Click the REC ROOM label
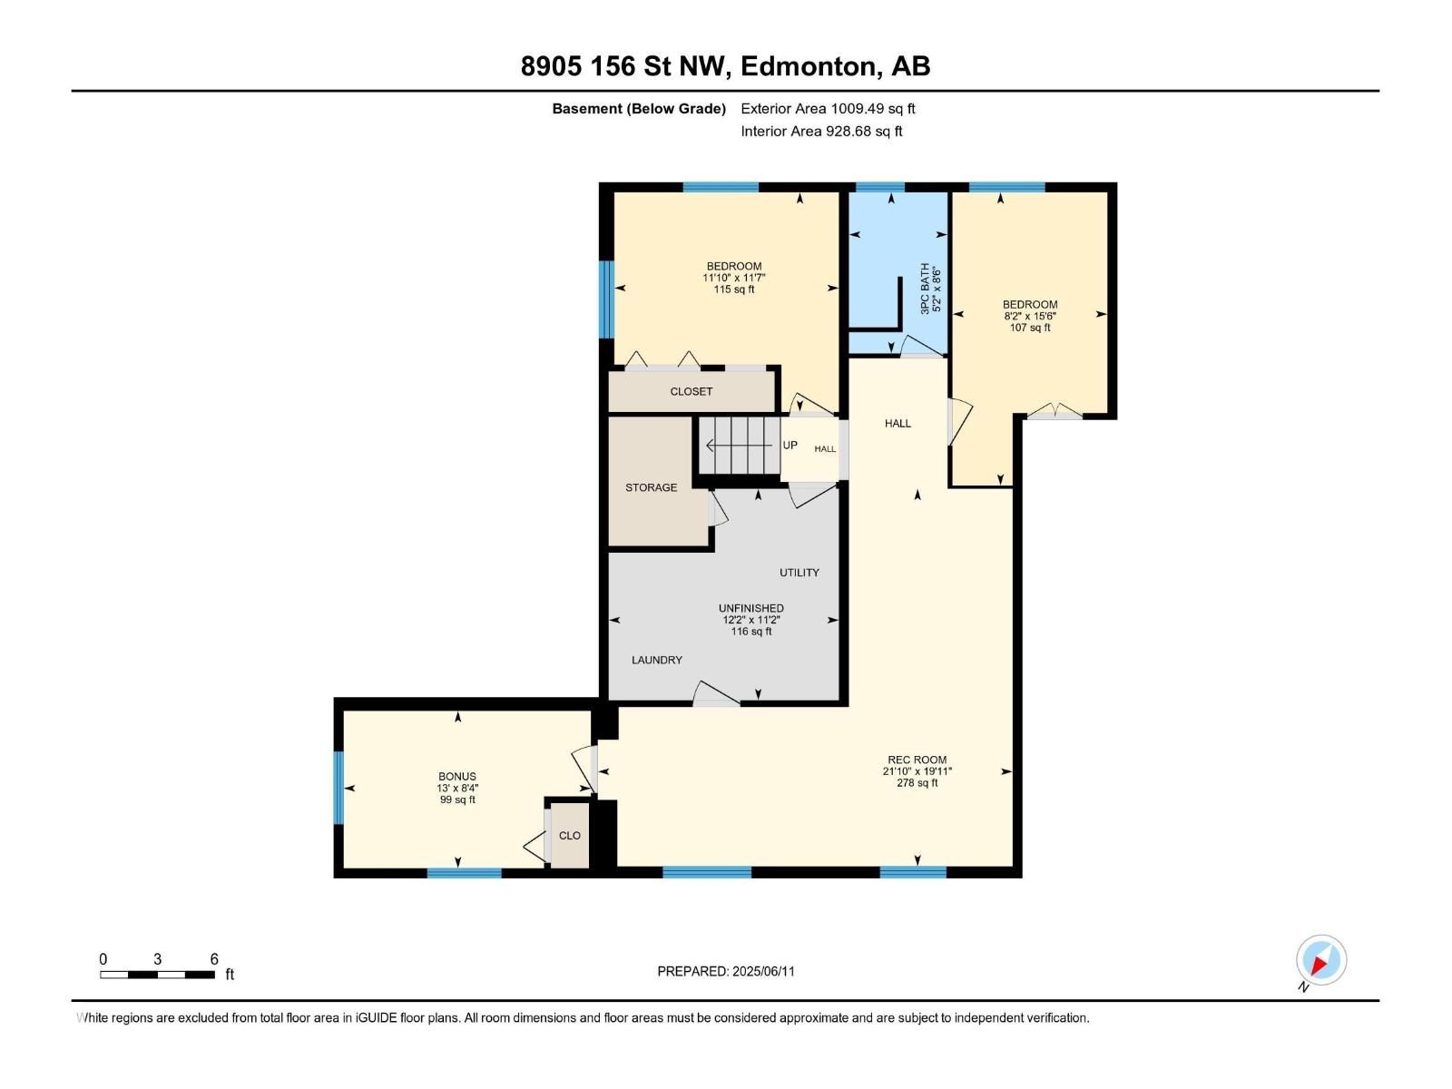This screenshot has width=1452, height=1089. pos(917,760)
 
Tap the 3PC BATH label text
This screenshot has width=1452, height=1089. pos(925,289)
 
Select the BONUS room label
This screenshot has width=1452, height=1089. pos(456,777)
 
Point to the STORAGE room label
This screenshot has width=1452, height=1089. pos(651,487)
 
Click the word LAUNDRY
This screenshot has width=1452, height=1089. pos(657,660)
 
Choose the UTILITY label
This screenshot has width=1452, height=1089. pos(799,573)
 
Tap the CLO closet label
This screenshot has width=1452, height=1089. pos(569,836)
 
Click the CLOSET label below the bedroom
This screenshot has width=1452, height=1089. pos(691,391)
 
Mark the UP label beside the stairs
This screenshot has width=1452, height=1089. pos(790,446)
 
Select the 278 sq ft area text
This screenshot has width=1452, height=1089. pos(917,783)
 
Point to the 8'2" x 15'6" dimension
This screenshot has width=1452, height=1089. pos(1029,317)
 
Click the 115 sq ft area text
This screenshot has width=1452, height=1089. pos(733,289)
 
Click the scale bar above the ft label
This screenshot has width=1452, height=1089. pos(157,975)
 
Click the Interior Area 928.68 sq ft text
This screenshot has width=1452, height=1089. pos(820,131)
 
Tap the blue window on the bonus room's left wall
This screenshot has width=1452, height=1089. pos(338,787)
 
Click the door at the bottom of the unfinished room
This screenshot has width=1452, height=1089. pos(716,695)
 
